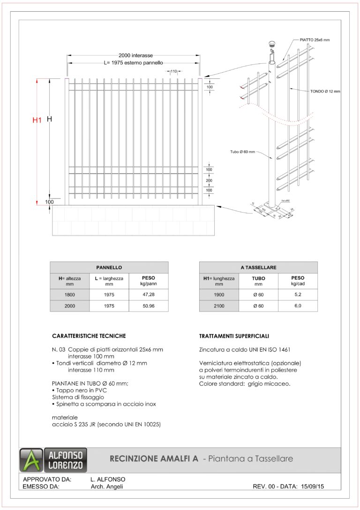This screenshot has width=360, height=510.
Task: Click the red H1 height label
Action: [x=37, y=120]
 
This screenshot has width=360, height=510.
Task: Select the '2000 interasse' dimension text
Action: [x=135, y=55]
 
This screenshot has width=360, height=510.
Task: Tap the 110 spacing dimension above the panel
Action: [x=173, y=71]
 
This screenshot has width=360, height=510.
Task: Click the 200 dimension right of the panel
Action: [x=209, y=180]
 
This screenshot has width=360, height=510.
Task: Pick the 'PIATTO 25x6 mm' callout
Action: [x=315, y=40]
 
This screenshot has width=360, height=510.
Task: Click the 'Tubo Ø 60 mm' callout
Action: [x=242, y=152]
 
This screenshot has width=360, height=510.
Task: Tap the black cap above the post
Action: [x=271, y=44]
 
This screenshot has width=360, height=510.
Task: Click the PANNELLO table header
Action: [x=109, y=267]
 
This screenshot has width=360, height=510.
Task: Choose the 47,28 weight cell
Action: [x=148, y=295]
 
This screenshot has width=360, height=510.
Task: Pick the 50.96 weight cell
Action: [x=148, y=306]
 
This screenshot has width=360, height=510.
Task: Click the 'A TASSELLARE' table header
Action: [x=258, y=267]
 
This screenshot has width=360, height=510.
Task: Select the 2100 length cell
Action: [x=219, y=306]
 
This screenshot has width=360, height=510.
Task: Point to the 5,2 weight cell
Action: [x=297, y=295]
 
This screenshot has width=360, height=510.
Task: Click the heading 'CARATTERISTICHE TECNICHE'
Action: [x=89, y=336]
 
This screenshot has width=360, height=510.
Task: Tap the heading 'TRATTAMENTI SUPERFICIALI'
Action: [x=234, y=336]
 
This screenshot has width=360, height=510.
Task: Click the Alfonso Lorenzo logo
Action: [x=52, y=460]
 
